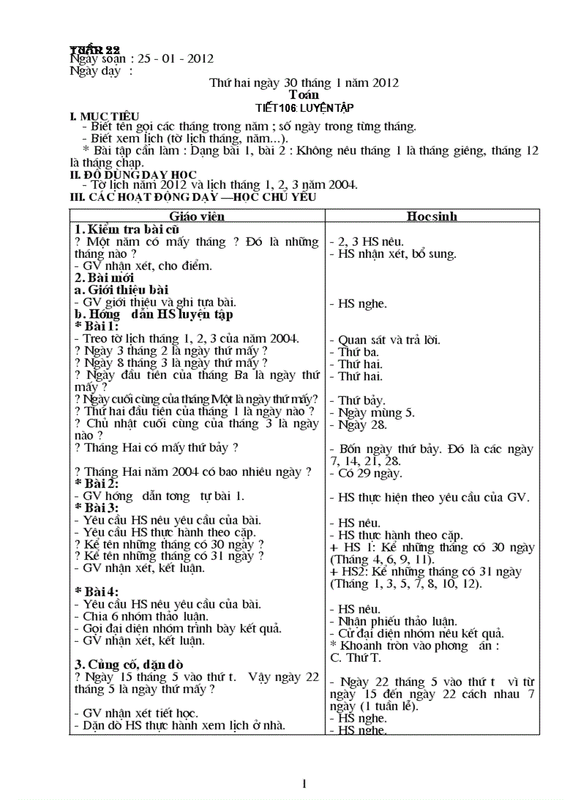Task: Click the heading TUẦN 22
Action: (94, 49)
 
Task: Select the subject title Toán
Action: (304, 94)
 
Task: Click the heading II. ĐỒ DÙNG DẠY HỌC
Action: (132, 175)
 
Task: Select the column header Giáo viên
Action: (197, 216)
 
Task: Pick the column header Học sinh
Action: (431, 216)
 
